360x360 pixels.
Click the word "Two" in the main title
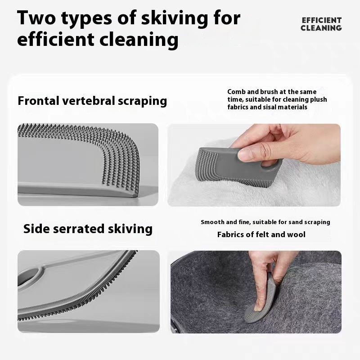point(36,18)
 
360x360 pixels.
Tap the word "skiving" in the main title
point(175,19)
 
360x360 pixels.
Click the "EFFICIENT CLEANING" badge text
point(321,24)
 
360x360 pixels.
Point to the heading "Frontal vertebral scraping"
point(92,101)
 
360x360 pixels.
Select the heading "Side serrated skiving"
point(88,229)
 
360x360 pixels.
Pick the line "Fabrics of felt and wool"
point(261,234)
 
